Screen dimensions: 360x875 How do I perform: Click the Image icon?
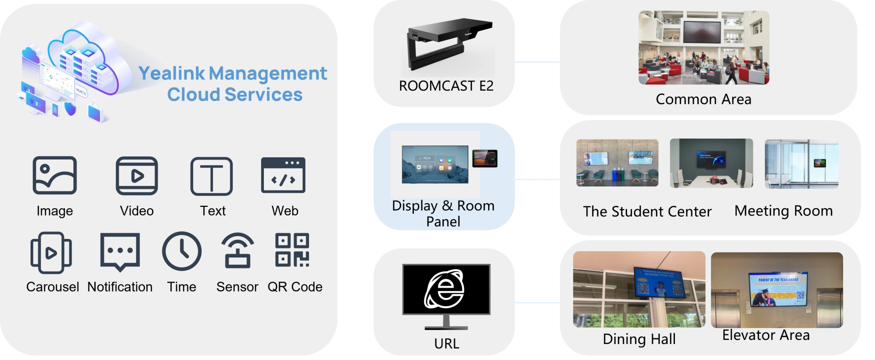[55, 175]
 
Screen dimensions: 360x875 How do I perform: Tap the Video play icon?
[137, 175]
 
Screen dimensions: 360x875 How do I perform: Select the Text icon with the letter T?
[211, 176]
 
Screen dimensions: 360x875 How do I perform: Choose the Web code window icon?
[283, 175]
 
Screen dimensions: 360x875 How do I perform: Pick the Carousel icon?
[51, 252]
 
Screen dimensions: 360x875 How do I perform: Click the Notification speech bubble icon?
[120, 252]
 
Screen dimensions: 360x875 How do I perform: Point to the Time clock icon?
[182, 251]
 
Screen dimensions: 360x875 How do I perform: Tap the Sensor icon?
[237, 251]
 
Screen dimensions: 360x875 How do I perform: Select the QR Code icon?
[292, 250]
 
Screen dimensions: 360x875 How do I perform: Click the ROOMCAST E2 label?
[446, 86]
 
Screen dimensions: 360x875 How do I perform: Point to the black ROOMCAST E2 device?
[449, 42]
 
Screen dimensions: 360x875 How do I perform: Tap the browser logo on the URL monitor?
[445, 289]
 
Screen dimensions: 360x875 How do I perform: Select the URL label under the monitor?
[447, 344]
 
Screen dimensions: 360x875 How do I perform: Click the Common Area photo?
[704, 47]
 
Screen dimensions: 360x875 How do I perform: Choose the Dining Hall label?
[639, 339]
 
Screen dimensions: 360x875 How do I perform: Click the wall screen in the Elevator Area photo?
[778, 289]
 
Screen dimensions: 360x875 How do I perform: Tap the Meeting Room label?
[783, 211]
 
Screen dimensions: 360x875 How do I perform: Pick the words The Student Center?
[647, 211]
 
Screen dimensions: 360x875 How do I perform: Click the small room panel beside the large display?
[485, 158]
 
